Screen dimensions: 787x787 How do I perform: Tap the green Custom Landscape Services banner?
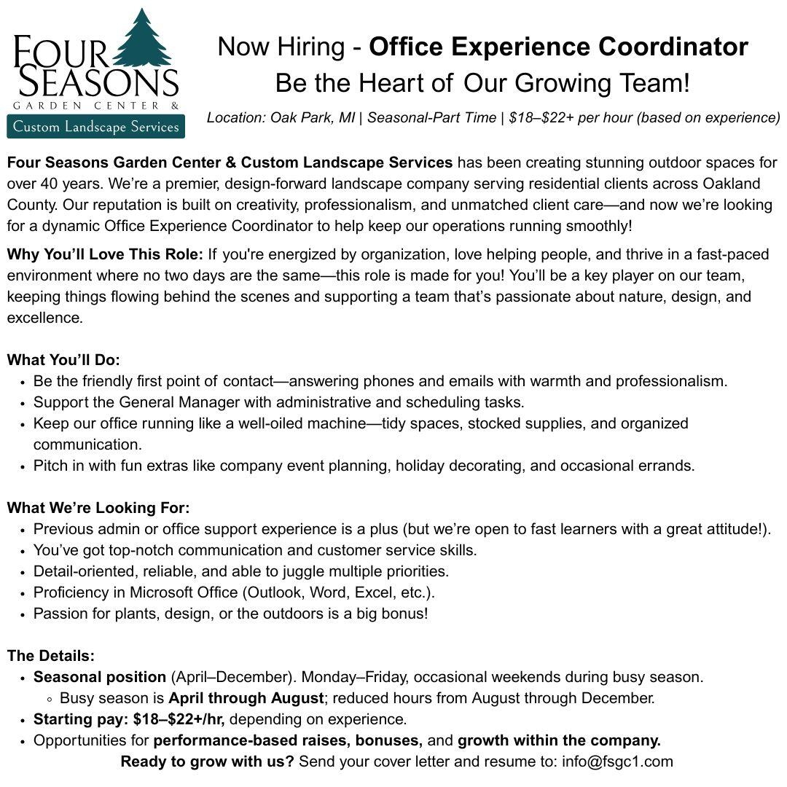pos(95,127)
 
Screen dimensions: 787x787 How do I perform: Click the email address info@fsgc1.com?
pos(617,761)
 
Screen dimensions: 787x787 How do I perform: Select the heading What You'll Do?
pos(63,360)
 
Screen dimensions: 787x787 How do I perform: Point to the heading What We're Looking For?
pos(98,508)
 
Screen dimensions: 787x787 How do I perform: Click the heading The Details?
pos(51,656)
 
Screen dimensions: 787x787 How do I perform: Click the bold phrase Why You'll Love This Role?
pos(105,255)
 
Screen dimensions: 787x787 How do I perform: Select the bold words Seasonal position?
pos(100,677)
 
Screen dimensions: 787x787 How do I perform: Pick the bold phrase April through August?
pos(246,698)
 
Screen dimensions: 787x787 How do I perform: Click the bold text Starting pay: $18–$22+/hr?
pos(129,719)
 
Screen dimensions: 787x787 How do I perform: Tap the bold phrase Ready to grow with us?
pos(207,761)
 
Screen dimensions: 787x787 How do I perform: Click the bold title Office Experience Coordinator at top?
pos(558,47)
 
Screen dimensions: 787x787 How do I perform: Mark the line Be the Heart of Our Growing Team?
pos(482,82)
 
